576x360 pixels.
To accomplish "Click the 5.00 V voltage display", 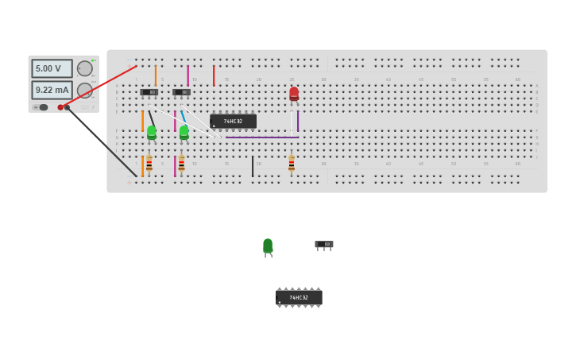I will pyautogui.click(x=52, y=68).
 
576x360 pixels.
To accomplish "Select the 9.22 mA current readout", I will pyautogui.click(x=52, y=90).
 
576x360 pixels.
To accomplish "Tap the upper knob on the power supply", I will pyautogui.click(x=84, y=68).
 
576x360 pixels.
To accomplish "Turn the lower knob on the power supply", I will pyautogui.click(x=84, y=90).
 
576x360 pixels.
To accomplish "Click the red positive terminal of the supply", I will pyautogui.click(x=60, y=107).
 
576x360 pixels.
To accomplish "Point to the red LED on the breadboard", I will pyautogui.click(x=294, y=94).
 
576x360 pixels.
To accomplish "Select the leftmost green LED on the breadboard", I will pyautogui.click(x=151, y=132).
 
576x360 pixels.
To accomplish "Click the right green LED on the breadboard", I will pyautogui.click(x=184, y=132).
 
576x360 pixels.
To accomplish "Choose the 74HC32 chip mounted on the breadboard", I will pyautogui.click(x=233, y=121).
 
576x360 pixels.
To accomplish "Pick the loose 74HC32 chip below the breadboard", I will pyautogui.click(x=299, y=297).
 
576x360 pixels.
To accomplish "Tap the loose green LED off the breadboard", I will pyautogui.click(x=268, y=246).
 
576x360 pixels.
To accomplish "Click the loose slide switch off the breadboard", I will pyautogui.click(x=323, y=244).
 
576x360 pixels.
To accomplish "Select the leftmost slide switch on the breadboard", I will pyautogui.click(x=149, y=92).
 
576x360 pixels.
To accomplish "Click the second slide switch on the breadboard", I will pyautogui.click(x=181, y=92).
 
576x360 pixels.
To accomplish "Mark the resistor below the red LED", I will pyautogui.click(x=292, y=164).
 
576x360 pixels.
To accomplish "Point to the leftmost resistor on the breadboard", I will pyautogui.click(x=149, y=164).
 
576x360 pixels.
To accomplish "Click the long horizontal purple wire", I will pyautogui.click(x=262, y=137).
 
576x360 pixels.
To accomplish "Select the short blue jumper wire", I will pyautogui.click(x=183, y=116).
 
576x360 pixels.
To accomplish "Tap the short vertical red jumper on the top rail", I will pyautogui.click(x=213, y=75).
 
